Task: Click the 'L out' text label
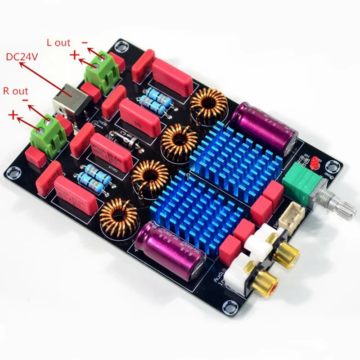coord(58,43)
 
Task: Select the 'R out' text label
coord(15,91)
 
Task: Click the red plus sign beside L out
coord(75,55)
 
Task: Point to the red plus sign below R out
coord(13,116)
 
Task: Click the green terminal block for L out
coord(103,67)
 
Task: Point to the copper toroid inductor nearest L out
coord(208,106)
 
